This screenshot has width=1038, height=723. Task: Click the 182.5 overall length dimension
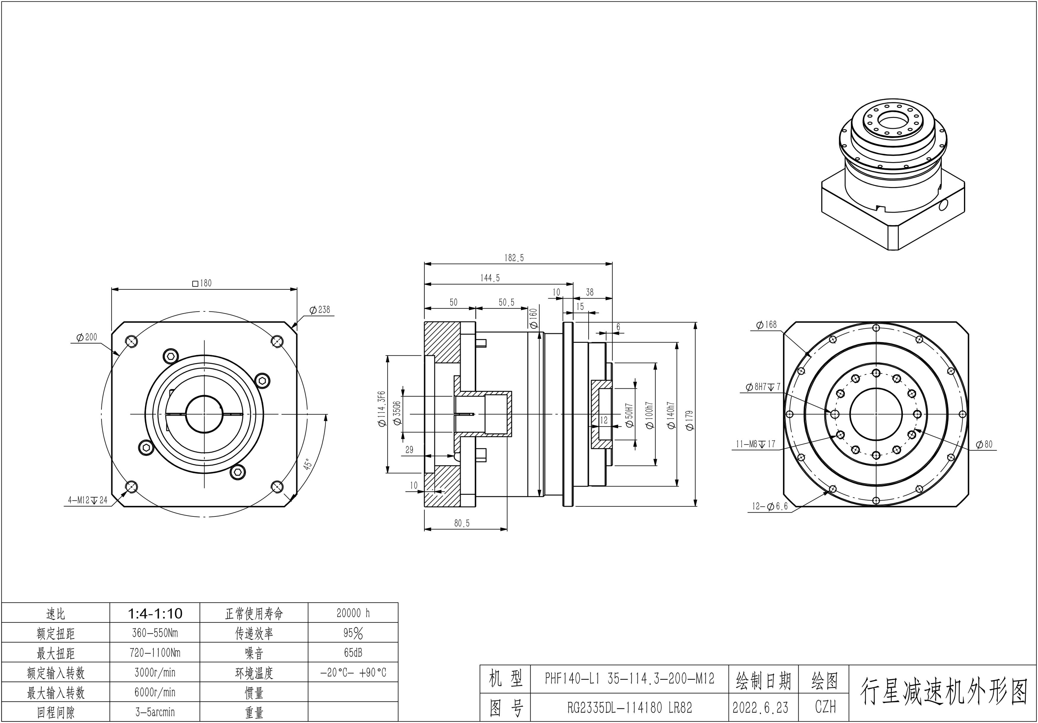pyautogui.click(x=514, y=258)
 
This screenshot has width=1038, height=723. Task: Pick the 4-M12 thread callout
pyautogui.click(x=88, y=500)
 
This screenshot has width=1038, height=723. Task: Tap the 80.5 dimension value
pyautogui.click(x=462, y=523)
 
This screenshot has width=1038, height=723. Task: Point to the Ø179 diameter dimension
pyautogui.click(x=689, y=420)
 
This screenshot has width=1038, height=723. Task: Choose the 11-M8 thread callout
pyautogui.click(x=755, y=444)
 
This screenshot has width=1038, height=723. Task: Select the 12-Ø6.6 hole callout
pyautogui.click(x=770, y=506)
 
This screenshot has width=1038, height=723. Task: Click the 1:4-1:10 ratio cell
pyautogui.click(x=155, y=613)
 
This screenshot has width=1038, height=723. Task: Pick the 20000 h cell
pyautogui.click(x=353, y=613)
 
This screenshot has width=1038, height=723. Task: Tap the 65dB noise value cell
pyautogui.click(x=353, y=653)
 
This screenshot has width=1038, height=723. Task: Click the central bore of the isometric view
pyautogui.click(x=893, y=121)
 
